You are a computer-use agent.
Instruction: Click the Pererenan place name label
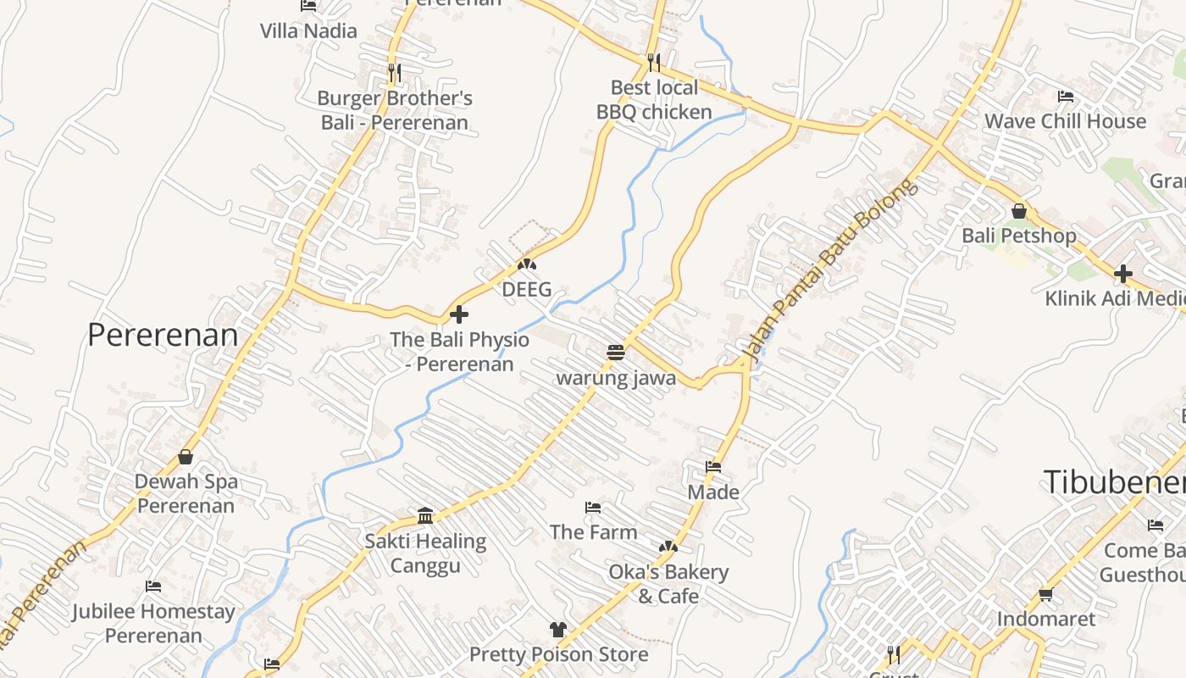[x=163, y=335]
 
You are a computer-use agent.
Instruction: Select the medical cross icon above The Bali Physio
[x=459, y=315]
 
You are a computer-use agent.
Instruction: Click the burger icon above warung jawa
[x=616, y=353]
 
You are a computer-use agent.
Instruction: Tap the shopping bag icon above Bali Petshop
[x=1018, y=211]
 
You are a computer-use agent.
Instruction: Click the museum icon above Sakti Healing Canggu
[x=425, y=516]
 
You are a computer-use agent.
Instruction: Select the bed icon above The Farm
[x=593, y=508]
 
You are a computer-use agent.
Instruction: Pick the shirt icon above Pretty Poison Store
[x=558, y=629]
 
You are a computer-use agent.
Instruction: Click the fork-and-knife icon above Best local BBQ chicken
[x=653, y=62]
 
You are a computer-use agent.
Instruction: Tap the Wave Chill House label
[x=1065, y=121]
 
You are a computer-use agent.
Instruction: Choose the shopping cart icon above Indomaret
[x=1045, y=594]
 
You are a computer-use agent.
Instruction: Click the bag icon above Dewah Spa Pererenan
[x=186, y=457]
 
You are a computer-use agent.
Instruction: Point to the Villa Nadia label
[x=308, y=31]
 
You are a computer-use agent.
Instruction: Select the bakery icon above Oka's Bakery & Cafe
[x=668, y=547]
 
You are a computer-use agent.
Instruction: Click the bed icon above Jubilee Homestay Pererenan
[x=153, y=586]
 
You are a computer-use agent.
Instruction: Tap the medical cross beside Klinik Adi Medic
[x=1123, y=274]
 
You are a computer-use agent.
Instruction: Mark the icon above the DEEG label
[x=527, y=264]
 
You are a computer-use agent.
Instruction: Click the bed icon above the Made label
[x=713, y=467]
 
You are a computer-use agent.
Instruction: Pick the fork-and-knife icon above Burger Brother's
[x=394, y=73]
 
